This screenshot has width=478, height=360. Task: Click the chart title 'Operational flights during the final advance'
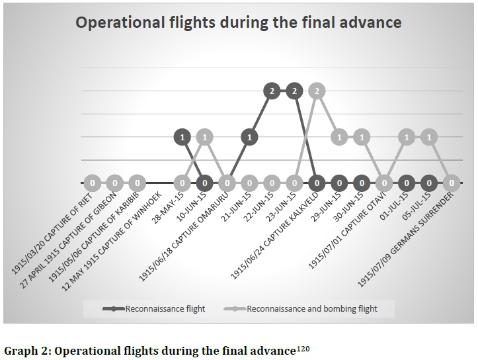(239, 23)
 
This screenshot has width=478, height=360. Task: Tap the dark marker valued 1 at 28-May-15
(182, 138)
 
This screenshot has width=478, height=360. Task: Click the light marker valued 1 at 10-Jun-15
(205, 138)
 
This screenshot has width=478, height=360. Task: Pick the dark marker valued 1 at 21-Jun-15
(249, 138)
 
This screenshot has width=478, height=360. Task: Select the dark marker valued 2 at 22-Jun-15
(272, 92)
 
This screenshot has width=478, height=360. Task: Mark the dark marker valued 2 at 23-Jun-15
(294, 92)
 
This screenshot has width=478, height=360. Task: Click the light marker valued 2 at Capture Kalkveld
(317, 92)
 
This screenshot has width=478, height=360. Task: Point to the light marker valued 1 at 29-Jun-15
(340, 138)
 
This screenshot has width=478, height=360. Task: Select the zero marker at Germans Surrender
(452, 183)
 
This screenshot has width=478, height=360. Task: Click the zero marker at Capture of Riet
(93, 183)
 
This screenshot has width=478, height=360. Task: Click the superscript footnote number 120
(303, 346)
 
